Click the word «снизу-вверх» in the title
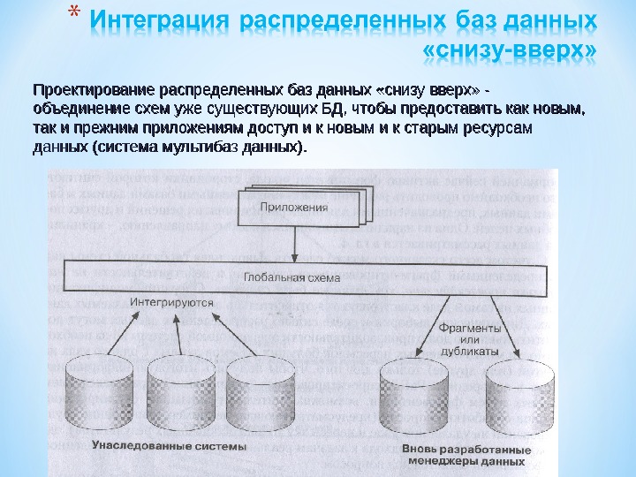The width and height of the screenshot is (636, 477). (x=510, y=54)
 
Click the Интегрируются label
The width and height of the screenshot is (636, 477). (x=173, y=302)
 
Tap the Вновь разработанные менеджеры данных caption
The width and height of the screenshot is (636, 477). (x=463, y=455)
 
